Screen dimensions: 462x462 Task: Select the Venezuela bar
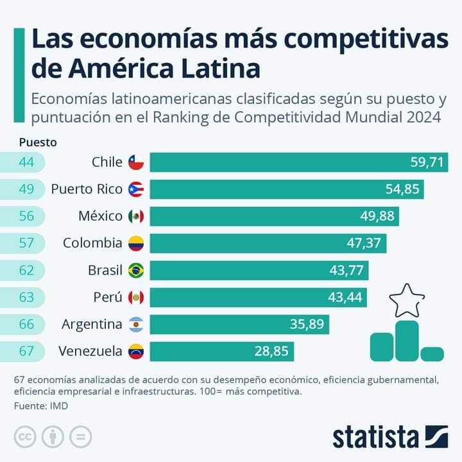pos(221,351)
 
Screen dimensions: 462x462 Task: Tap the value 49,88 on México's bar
pos(377,216)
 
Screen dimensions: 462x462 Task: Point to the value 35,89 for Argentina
pos(307,324)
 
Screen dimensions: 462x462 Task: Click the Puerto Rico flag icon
pos(135,189)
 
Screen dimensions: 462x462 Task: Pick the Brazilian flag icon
pos(135,270)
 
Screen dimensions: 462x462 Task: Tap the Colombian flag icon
pos(135,243)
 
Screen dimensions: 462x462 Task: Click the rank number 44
pos(26,162)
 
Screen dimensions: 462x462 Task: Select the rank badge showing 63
pos(26,297)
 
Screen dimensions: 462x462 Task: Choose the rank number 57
pos(26,243)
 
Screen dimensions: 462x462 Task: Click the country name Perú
pos(108,297)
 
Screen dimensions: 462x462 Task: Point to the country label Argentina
pos(92,324)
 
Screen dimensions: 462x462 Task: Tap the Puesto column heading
pos(38,142)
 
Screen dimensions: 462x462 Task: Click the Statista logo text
pos(375,437)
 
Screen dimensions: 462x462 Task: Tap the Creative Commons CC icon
pos(26,437)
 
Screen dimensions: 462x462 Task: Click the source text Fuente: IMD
pos(41,406)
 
